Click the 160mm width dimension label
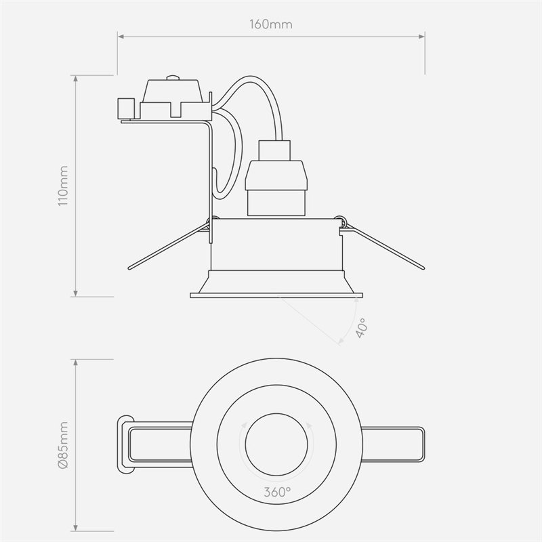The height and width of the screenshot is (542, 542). [270, 25]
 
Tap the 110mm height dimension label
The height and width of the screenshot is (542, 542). [63, 185]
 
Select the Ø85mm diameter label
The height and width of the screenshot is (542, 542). [63, 446]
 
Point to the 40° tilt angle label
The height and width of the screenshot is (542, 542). [361, 327]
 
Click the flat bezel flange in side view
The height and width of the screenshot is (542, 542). [276, 294]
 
